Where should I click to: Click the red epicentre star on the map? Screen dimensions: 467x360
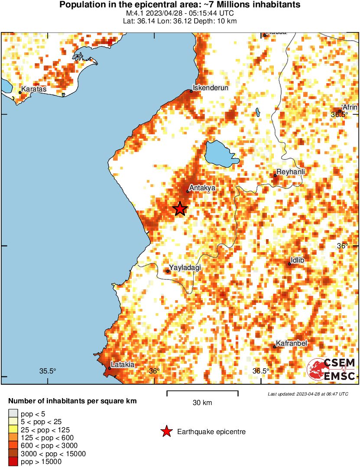click(x=180, y=209)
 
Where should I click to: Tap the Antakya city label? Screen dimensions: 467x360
click(x=203, y=188)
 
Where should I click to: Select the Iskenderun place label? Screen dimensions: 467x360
click(x=210, y=88)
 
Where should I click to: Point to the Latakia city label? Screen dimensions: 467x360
click(x=123, y=365)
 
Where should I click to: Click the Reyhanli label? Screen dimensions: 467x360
click(x=291, y=172)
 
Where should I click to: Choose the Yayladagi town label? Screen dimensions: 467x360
click(x=185, y=268)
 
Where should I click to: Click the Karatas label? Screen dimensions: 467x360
click(x=34, y=89)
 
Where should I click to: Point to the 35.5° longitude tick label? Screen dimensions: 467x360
click(x=48, y=371)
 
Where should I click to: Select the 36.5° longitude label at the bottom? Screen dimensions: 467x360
click(x=261, y=371)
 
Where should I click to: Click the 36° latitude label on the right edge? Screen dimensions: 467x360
click(x=343, y=246)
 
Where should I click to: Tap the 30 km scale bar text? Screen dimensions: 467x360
click(x=202, y=403)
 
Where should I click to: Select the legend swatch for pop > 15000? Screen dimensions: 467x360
click(x=13, y=462)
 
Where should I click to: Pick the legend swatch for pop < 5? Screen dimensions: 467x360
click(x=13, y=414)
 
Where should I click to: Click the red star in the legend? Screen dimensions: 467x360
click(x=166, y=431)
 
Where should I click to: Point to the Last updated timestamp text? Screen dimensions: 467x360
click(x=308, y=394)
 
